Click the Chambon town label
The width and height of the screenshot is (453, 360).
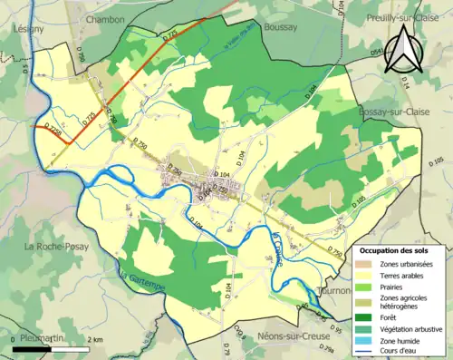point(106,18)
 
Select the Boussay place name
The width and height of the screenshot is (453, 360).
point(281,27)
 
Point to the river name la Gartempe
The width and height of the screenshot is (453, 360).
point(131,273)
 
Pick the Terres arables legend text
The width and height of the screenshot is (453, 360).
point(407,274)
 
